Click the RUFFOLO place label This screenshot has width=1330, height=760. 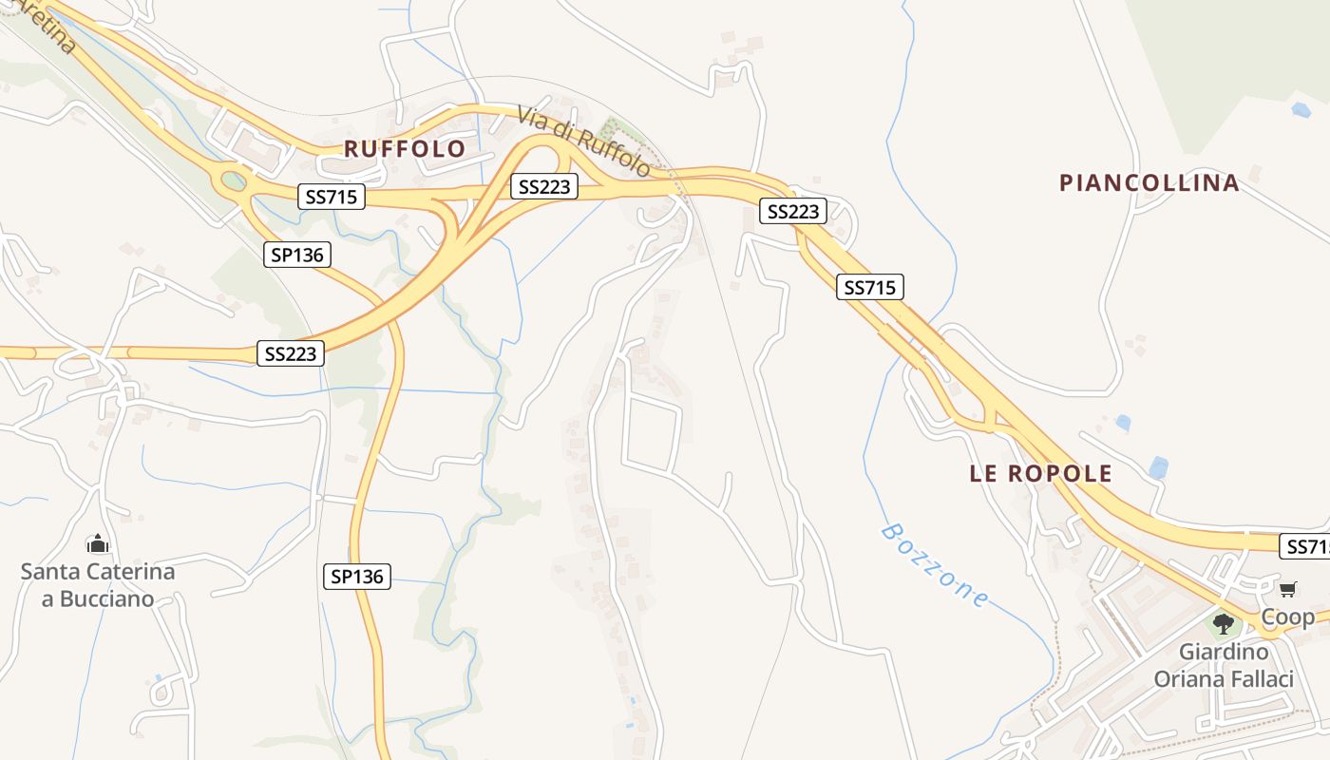(x=405, y=149)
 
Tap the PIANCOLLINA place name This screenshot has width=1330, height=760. (x=1149, y=183)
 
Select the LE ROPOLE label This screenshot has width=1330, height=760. (x=1040, y=474)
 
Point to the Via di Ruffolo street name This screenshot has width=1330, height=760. (x=584, y=142)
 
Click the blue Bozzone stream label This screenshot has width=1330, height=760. (x=936, y=565)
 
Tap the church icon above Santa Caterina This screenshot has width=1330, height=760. (x=98, y=544)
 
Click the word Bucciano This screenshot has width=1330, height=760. (x=106, y=599)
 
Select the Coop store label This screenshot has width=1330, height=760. (x=1287, y=618)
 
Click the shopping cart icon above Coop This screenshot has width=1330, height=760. (x=1287, y=590)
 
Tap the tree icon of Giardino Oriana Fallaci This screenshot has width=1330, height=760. (x=1224, y=624)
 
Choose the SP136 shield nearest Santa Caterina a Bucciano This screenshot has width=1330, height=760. (x=357, y=576)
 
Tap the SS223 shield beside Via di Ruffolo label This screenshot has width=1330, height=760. (x=544, y=186)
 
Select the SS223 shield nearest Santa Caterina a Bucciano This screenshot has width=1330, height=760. (x=291, y=353)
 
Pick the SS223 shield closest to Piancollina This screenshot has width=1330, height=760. (x=793, y=211)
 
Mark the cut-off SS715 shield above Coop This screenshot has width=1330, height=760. (x=1306, y=546)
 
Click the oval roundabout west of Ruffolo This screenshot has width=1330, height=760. (x=233, y=180)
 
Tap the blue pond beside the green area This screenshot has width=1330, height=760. (x=1301, y=110)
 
